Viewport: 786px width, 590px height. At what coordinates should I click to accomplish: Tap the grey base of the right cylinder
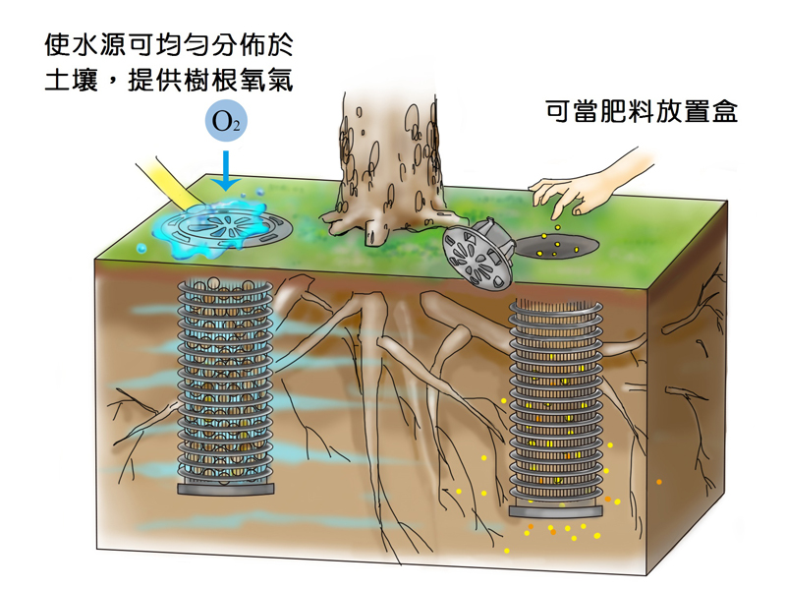(x=556, y=511)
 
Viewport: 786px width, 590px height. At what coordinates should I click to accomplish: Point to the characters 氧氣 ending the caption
(x=269, y=81)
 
